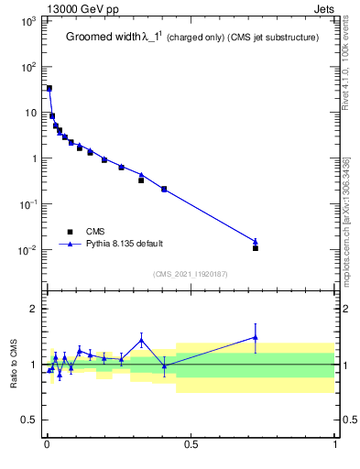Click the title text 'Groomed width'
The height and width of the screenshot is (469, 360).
tap(99, 38)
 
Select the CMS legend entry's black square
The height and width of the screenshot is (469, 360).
tap(69, 232)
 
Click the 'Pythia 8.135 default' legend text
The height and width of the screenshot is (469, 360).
tap(124, 244)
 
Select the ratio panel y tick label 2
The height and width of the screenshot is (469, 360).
tap(33, 309)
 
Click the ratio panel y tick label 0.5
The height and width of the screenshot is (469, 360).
tap(29, 420)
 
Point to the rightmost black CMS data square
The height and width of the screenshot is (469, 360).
tap(256, 248)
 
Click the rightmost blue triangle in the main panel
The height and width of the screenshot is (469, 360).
tap(256, 241)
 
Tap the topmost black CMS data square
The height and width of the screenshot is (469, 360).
tap(49, 89)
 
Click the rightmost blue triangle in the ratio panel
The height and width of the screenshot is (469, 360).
tap(256, 337)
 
